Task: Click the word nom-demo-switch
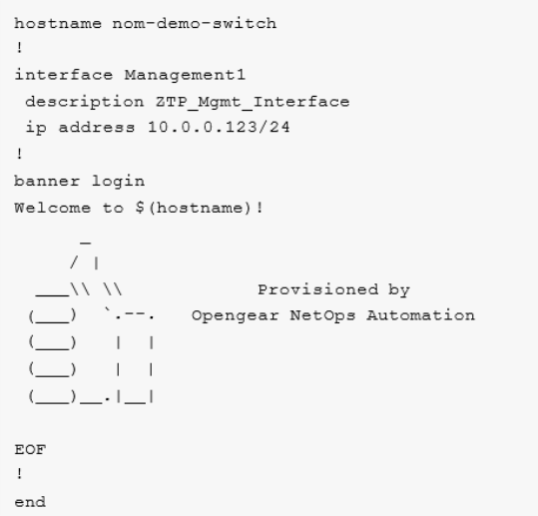(195, 23)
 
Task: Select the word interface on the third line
(64, 75)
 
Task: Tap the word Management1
(185, 75)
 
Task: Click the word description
(85, 102)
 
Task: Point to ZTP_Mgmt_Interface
(253, 102)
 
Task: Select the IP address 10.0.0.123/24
(219, 128)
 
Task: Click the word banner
(47, 181)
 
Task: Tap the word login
(118, 182)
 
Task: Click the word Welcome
(53, 208)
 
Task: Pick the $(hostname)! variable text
(200, 208)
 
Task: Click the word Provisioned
(318, 289)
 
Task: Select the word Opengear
(235, 316)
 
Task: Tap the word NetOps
(322, 316)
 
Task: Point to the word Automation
(420, 315)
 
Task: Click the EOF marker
(30, 449)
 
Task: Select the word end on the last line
(30, 502)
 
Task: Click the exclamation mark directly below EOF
(20, 474)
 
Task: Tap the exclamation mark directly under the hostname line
(20, 48)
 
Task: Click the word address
(97, 128)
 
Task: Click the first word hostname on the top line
(58, 23)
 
